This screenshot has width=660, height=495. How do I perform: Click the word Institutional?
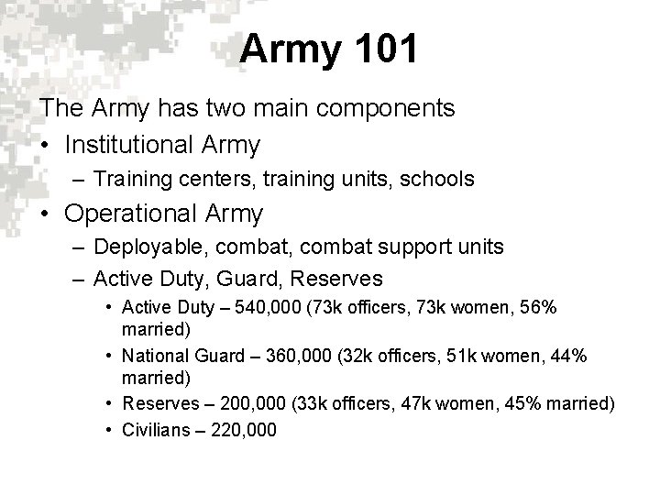point(128,144)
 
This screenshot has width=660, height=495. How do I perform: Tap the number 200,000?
point(252,402)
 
